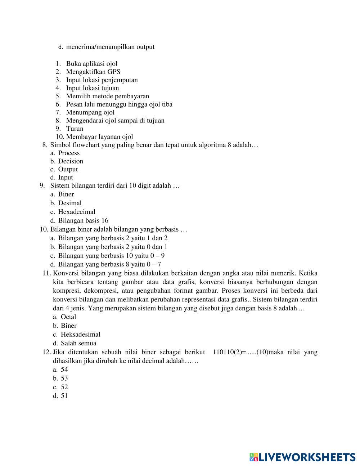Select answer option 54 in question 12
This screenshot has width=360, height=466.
64,369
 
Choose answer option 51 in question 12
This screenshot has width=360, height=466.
64,396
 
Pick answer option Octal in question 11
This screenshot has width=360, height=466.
68,317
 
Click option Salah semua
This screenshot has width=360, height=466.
78,343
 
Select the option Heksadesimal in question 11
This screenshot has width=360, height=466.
80,334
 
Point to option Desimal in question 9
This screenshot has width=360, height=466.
70,203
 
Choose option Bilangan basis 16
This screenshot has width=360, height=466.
83,220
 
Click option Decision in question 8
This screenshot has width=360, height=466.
71,161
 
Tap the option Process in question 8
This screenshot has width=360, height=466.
69,153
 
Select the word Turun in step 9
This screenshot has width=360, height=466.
75,129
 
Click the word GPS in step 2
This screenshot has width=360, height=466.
113,72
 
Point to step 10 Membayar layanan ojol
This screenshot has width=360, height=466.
99,136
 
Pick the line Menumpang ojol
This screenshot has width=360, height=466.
90,112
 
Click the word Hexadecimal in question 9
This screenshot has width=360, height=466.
77,212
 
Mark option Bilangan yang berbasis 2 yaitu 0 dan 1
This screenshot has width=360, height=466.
113,247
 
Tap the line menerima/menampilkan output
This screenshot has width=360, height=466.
110,47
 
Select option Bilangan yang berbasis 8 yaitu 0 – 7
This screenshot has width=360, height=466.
109,264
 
